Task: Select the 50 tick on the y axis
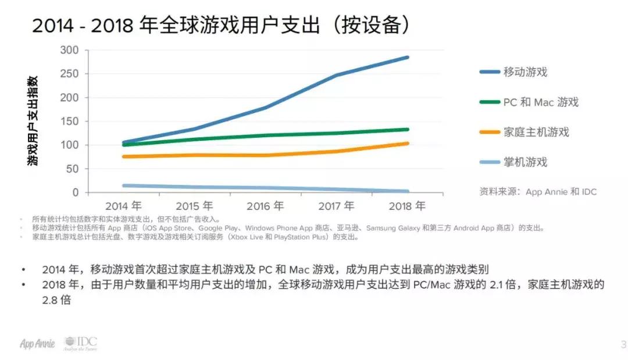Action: pyautogui.click(x=72, y=169)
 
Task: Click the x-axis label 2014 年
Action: pyautogui.click(x=123, y=206)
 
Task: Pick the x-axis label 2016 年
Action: pyautogui.click(x=265, y=206)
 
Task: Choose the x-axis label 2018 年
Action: pyautogui.click(x=407, y=206)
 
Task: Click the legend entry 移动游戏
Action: pyautogui.click(x=525, y=72)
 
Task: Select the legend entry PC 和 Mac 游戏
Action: pyautogui.click(x=541, y=102)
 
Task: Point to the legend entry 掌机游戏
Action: pyautogui.click(x=525, y=162)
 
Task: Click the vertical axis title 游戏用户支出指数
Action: pyautogui.click(x=34, y=121)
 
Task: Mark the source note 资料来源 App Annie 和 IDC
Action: pyautogui.click(x=538, y=191)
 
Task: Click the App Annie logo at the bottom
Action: pyautogui.click(x=37, y=344)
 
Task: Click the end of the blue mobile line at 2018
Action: pyautogui.click(x=407, y=58)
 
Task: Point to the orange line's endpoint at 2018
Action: pyautogui.click(x=407, y=143)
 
